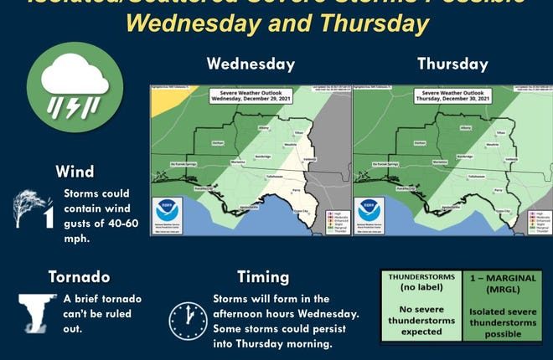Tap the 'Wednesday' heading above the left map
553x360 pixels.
pyautogui.click(x=251, y=64)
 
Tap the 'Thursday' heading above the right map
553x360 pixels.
pyautogui.click(x=452, y=64)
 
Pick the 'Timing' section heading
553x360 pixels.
pyautogui.click(x=263, y=276)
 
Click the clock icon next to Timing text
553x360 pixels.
pyautogui.click(x=188, y=319)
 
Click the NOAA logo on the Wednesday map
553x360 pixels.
pyautogui.click(x=167, y=210)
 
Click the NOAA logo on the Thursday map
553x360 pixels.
pyautogui.click(x=370, y=210)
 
